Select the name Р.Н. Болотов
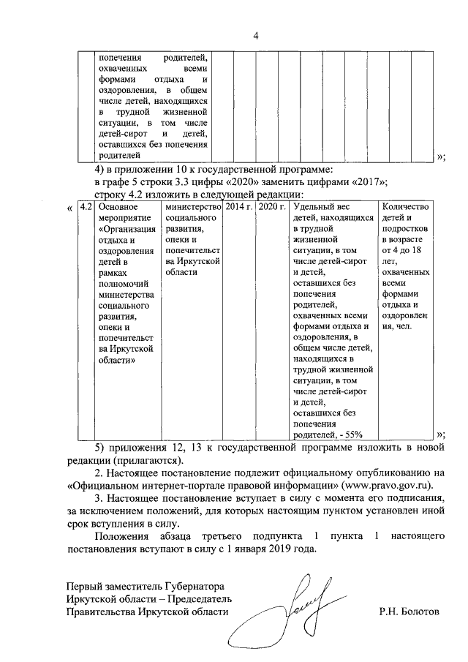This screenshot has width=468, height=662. coord(409,610)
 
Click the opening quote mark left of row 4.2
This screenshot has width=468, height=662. coord(69,207)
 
